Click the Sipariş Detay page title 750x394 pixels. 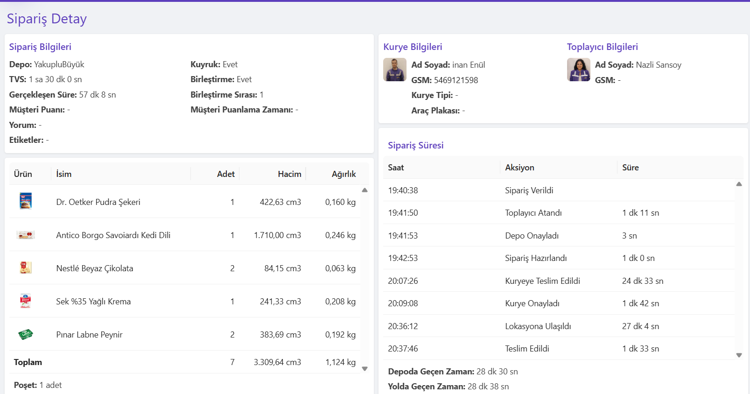tap(47, 19)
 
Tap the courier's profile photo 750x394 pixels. tap(395, 70)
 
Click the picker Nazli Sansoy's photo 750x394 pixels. tap(579, 70)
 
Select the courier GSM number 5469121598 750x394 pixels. tap(456, 80)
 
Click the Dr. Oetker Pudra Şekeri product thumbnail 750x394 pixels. tap(26, 201)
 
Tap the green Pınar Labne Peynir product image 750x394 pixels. tap(26, 334)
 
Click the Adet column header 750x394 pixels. tap(226, 174)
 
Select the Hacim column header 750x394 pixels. tap(290, 174)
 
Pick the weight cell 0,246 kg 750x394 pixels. tap(340, 235)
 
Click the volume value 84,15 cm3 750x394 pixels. tap(282, 268)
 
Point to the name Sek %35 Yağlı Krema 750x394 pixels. tap(93, 302)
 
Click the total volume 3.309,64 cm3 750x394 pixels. tap(277, 362)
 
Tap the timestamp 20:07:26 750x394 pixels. tap(403, 281)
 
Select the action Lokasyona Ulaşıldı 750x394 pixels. tap(538, 326)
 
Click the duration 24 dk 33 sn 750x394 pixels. tap(643, 281)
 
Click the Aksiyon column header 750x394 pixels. tap(519, 168)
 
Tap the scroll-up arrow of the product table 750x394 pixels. tap(364, 190)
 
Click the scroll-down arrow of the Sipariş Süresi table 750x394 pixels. tap(739, 355)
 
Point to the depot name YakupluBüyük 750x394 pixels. tap(59, 64)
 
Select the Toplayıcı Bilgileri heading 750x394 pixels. tap(603, 47)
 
